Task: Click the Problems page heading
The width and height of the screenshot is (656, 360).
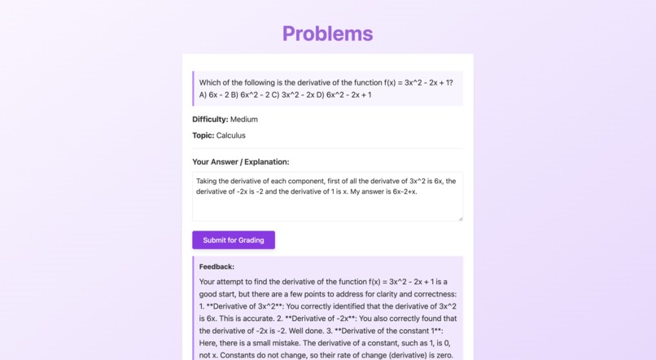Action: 327,33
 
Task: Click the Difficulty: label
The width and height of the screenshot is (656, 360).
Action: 210,120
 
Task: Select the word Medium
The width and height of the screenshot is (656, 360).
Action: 244,120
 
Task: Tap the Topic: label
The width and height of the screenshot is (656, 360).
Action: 203,136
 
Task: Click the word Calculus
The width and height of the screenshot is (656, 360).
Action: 230,136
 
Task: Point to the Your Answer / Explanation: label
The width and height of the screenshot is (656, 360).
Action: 241,162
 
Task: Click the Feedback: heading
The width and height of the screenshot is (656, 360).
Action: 216,266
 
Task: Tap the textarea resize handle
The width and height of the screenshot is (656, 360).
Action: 460,217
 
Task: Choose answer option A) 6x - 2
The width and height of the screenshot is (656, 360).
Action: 213,95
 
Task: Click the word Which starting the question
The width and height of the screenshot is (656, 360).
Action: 211,82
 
